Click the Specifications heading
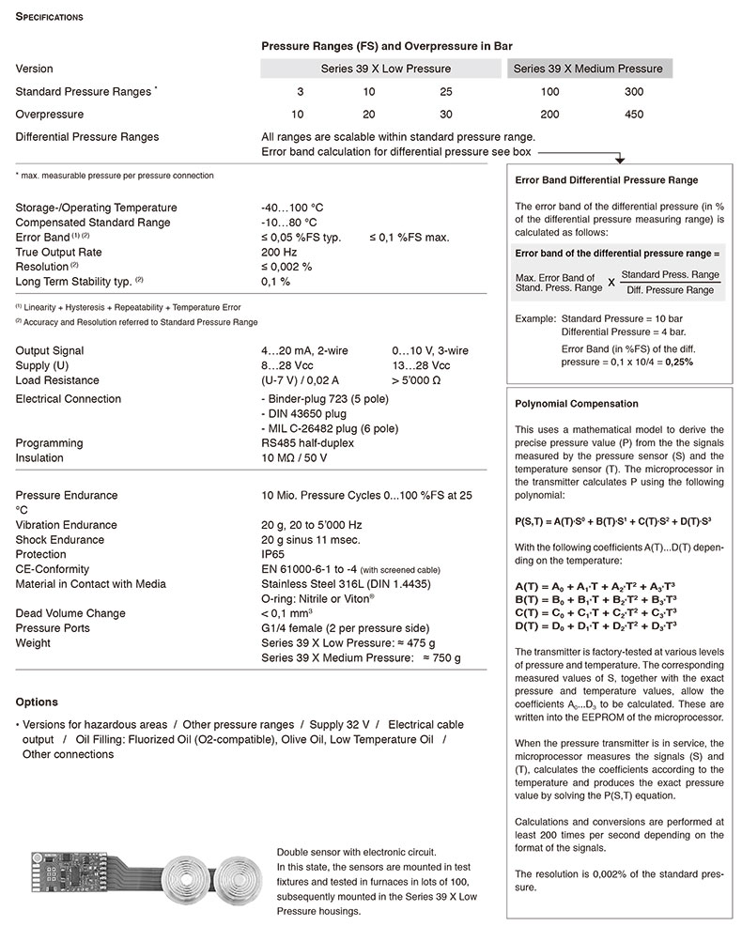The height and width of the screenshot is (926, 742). (49, 17)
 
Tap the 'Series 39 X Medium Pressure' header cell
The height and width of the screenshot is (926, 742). (588, 69)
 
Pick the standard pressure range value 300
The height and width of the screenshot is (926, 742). (634, 92)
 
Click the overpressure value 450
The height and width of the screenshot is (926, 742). (634, 115)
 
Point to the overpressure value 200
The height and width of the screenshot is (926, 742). (549, 115)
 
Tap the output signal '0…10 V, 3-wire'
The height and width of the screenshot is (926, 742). (430, 350)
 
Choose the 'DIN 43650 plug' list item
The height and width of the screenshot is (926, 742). (305, 414)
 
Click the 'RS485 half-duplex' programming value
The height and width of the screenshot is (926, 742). (307, 443)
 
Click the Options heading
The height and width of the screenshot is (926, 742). (37, 702)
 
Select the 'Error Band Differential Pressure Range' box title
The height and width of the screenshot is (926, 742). (607, 180)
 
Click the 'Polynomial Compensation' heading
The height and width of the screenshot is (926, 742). (577, 404)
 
